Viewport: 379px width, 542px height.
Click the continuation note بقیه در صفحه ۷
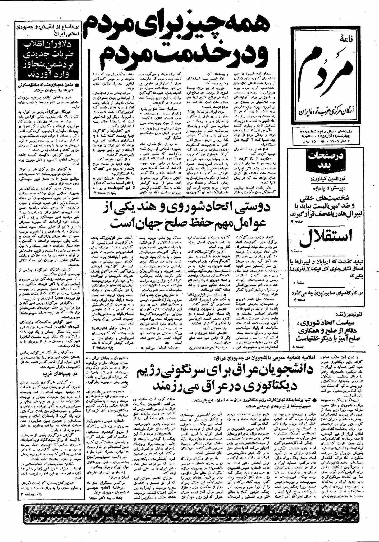click(106, 194)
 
